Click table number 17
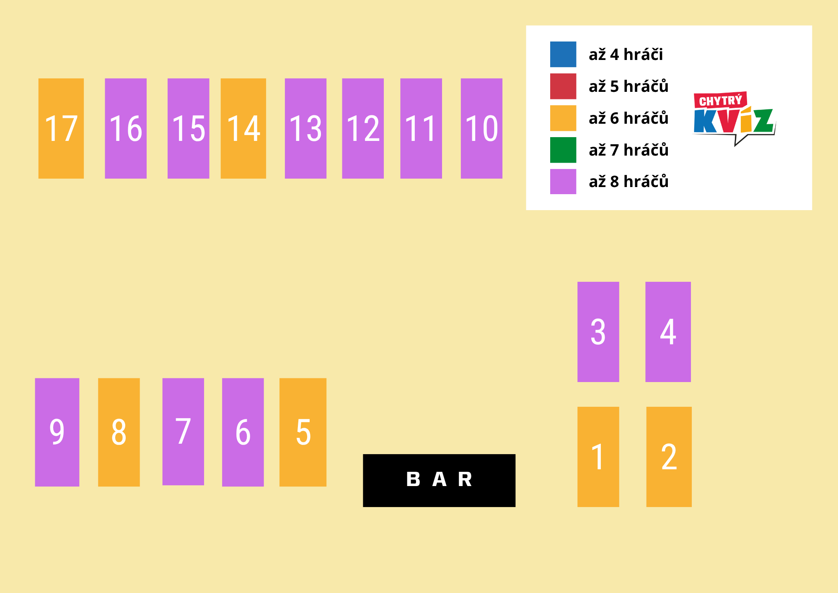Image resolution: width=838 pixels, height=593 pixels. click(61, 128)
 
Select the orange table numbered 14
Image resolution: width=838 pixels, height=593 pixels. click(243, 128)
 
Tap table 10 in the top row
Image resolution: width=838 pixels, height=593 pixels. click(481, 128)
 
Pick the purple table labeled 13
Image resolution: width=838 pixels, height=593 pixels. click(305, 128)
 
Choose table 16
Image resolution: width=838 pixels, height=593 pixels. click(126, 128)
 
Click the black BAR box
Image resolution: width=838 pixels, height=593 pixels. click(439, 481)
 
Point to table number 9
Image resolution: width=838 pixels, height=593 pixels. click(57, 432)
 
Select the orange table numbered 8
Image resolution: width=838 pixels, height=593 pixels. click(119, 432)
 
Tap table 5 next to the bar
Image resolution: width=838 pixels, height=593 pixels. click(303, 432)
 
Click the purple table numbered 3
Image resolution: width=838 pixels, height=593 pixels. click(598, 332)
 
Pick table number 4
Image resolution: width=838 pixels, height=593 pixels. click(668, 332)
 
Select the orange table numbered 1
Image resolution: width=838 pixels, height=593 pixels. click(598, 457)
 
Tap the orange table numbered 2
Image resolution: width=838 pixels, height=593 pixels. click(669, 457)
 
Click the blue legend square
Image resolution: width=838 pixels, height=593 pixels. click(563, 54)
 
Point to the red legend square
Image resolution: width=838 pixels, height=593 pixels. click(563, 86)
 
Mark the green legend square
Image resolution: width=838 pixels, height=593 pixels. click(563, 150)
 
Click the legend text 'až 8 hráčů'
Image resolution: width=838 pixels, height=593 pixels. click(628, 182)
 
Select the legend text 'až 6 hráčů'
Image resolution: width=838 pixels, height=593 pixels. click(628, 118)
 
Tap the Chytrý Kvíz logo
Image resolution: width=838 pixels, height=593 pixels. click(735, 118)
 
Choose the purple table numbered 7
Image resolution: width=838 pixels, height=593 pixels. click(183, 432)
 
